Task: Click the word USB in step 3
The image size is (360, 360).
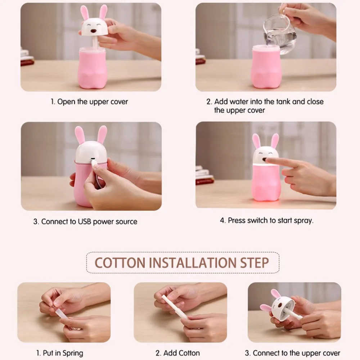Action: point(85,221)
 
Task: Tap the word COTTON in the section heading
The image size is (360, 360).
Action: point(120,263)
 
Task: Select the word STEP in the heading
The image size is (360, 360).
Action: point(255,263)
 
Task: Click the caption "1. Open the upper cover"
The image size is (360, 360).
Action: point(89,102)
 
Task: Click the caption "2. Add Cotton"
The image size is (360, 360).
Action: point(177,353)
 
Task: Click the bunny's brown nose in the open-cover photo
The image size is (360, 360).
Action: point(94,31)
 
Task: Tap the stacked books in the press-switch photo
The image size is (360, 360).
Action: point(204,176)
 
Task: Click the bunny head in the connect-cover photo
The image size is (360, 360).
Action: point(281,305)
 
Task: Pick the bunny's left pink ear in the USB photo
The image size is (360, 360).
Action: point(80,135)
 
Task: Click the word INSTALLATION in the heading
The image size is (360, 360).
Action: point(193,263)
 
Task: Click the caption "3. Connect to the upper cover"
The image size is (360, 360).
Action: point(292,353)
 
